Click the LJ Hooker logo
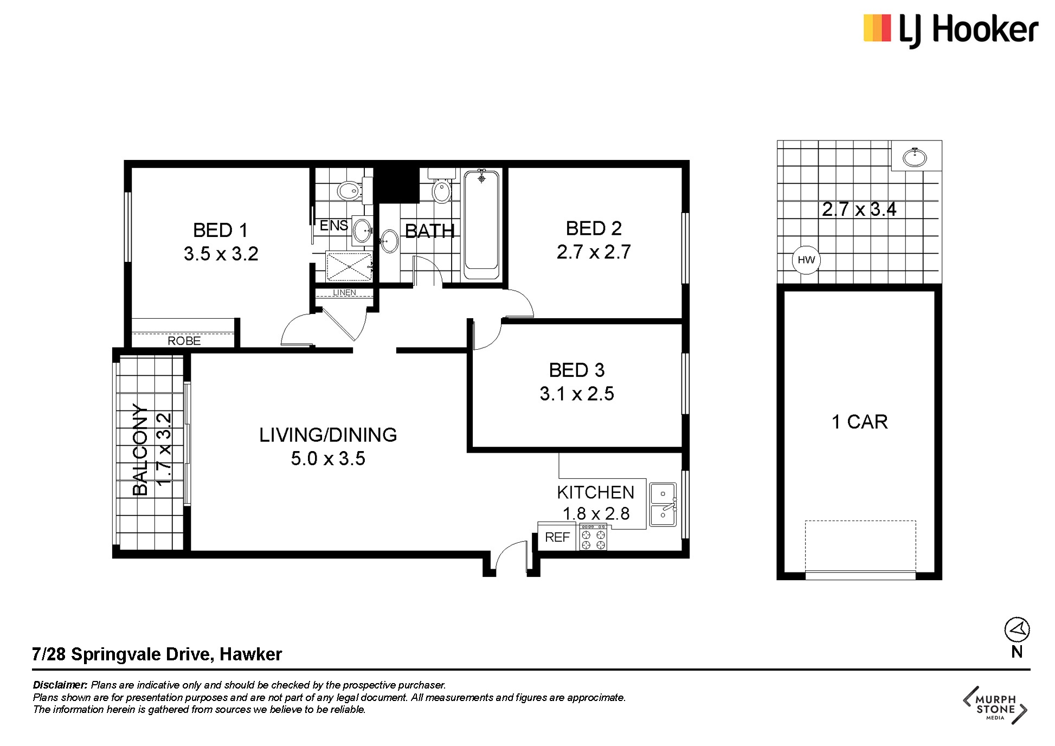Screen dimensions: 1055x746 (951, 30)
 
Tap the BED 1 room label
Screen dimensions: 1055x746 (221, 230)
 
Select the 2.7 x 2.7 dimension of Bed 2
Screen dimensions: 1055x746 (594, 252)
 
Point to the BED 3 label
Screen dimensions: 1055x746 (576, 370)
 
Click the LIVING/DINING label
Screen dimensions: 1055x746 (328, 435)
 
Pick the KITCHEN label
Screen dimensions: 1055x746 (595, 492)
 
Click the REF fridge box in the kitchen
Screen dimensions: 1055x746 (557, 537)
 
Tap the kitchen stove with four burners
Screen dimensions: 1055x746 (593, 537)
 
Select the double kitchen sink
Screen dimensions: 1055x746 (662, 505)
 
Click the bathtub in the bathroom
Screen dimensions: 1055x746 (481, 224)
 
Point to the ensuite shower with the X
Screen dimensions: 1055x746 (349, 267)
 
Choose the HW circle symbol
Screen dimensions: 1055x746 (806, 260)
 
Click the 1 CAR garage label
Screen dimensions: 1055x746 (859, 422)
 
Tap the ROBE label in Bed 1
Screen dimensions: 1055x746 (184, 340)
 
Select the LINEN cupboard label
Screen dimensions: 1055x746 (344, 293)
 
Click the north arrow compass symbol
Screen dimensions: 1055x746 (1017, 630)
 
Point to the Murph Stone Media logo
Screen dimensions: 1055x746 (995, 705)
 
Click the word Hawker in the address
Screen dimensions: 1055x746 (250, 654)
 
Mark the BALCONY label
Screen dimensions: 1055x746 (140, 449)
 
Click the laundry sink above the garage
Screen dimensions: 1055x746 (916, 157)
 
